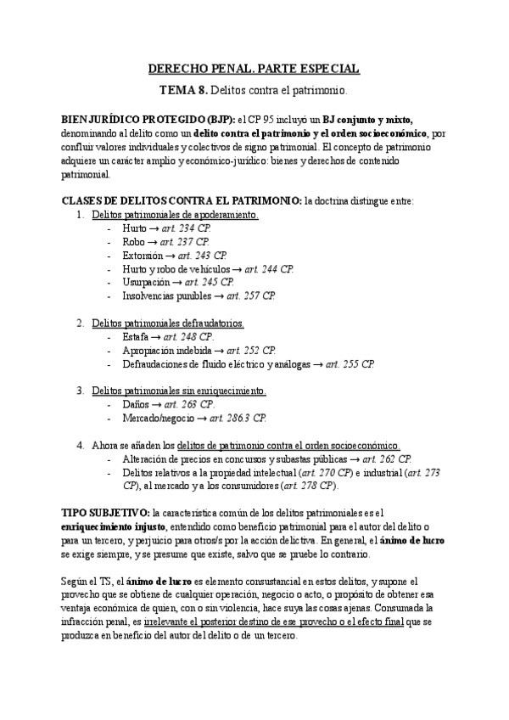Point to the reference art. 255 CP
coord(345,364)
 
